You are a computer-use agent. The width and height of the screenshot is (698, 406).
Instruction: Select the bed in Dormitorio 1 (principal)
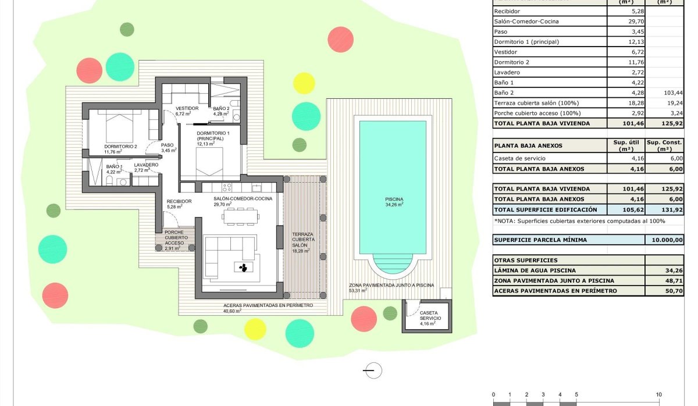point(208,161)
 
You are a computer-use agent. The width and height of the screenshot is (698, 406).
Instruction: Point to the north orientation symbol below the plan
point(372,370)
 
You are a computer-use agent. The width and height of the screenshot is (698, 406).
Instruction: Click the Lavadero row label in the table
point(507,73)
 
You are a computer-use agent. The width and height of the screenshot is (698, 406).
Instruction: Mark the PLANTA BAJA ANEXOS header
point(528,145)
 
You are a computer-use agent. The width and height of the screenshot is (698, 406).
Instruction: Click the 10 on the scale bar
point(659,394)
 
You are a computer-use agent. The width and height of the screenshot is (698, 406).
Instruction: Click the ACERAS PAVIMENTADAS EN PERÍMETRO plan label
point(268,305)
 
